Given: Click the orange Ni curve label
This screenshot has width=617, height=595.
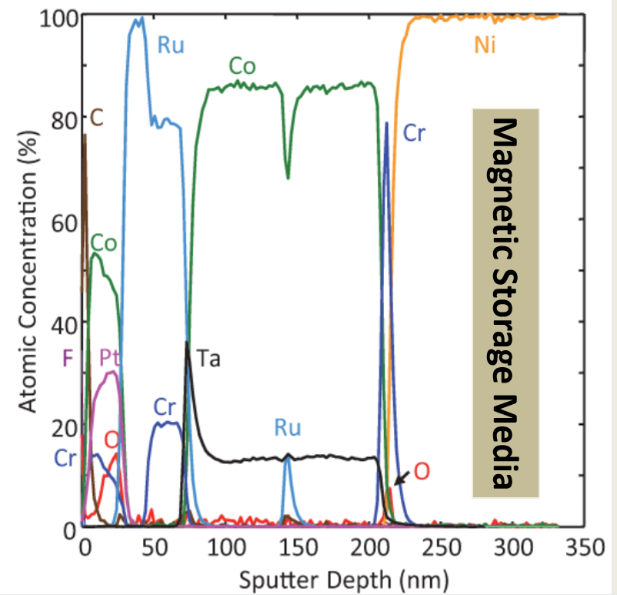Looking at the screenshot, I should pyautogui.click(x=485, y=45).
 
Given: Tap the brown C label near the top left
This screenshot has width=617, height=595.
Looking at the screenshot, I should pyautogui.click(x=97, y=117).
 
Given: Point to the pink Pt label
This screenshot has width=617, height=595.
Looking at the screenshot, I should pyautogui.click(x=110, y=358).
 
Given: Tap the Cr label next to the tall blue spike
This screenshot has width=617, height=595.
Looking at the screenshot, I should pyautogui.click(x=414, y=133).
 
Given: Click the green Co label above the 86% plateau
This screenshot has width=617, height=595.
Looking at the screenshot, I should pyautogui.click(x=242, y=67).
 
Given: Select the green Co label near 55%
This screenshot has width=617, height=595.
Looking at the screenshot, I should pyautogui.click(x=104, y=244).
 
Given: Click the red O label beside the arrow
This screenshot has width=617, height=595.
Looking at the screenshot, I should pyautogui.click(x=421, y=470).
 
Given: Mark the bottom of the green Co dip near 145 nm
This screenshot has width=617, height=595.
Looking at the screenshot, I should pyautogui.click(x=288, y=178).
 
